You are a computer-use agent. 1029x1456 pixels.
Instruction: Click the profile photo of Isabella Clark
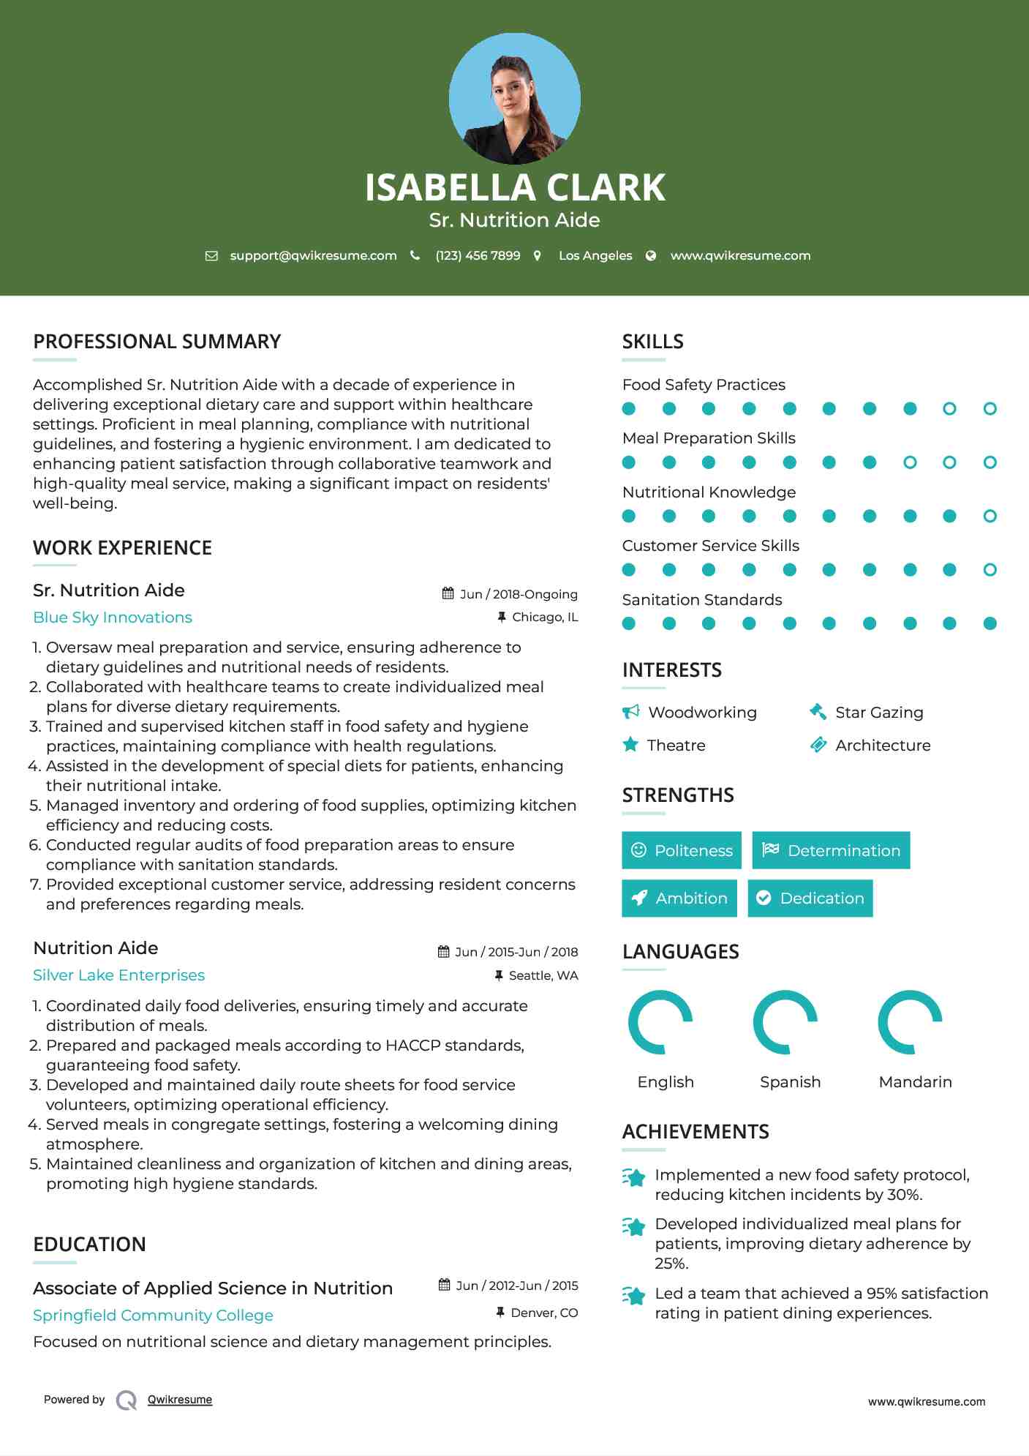[514, 98]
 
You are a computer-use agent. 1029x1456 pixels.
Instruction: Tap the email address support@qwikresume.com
[313, 255]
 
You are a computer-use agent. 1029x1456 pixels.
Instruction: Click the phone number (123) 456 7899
[478, 255]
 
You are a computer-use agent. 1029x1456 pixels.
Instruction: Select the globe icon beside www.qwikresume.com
[651, 255]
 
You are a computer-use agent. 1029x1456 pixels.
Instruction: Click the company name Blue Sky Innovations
[113, 618]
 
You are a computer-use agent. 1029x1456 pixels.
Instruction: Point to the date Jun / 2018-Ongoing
[518, 594]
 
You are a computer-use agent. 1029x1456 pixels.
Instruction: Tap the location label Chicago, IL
[544, 618]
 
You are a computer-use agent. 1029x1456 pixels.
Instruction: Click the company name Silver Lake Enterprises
[118, 975]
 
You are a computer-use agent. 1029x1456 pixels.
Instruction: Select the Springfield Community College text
[153, 1316]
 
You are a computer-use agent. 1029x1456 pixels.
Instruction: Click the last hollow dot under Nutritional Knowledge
[990, 517]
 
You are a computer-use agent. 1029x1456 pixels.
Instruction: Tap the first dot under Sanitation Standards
[628, 623]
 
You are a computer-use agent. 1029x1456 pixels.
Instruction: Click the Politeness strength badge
[682, 850]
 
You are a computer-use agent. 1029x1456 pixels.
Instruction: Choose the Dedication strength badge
[810, 898]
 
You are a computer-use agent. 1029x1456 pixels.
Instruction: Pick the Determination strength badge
[831, 850]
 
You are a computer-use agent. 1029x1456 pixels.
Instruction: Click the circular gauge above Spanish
[785, 1022]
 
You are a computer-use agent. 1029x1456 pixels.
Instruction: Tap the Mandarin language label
[915, 1082]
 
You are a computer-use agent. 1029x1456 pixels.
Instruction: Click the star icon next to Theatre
[630, 745]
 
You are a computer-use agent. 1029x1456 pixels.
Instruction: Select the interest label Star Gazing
[879, 713]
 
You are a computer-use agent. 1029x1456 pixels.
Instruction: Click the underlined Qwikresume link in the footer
[180, 1400]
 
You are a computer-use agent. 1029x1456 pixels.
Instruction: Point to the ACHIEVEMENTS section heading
[696, 1132]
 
